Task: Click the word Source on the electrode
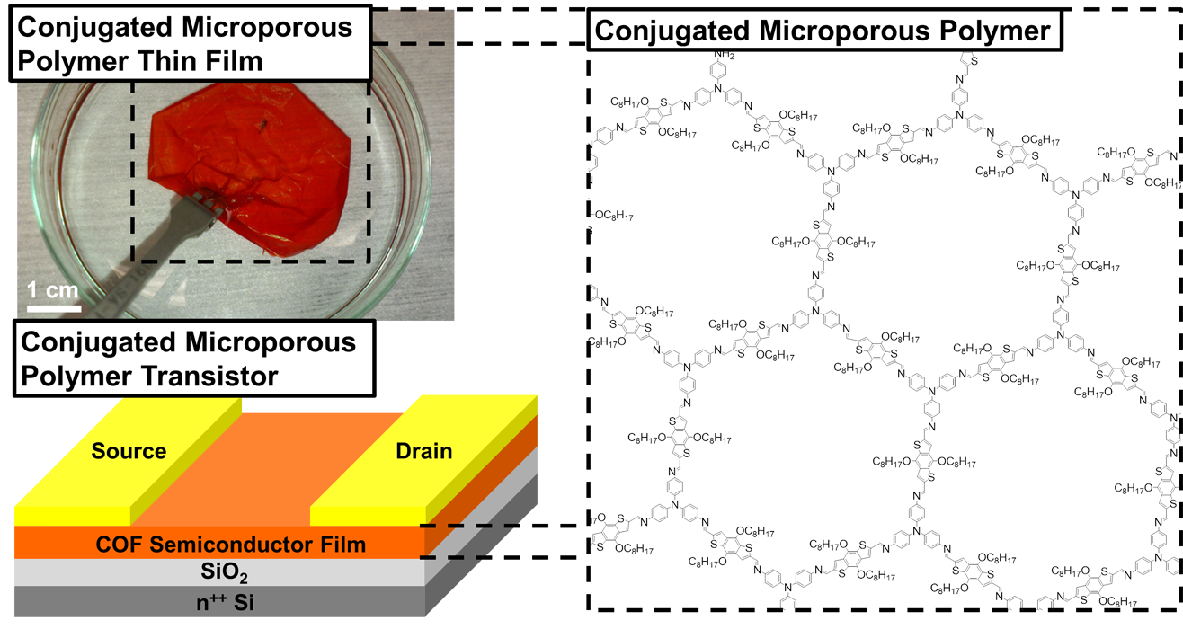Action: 129,450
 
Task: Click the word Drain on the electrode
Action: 423,450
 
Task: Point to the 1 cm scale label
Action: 50,290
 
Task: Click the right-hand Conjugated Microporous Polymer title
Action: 823,31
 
